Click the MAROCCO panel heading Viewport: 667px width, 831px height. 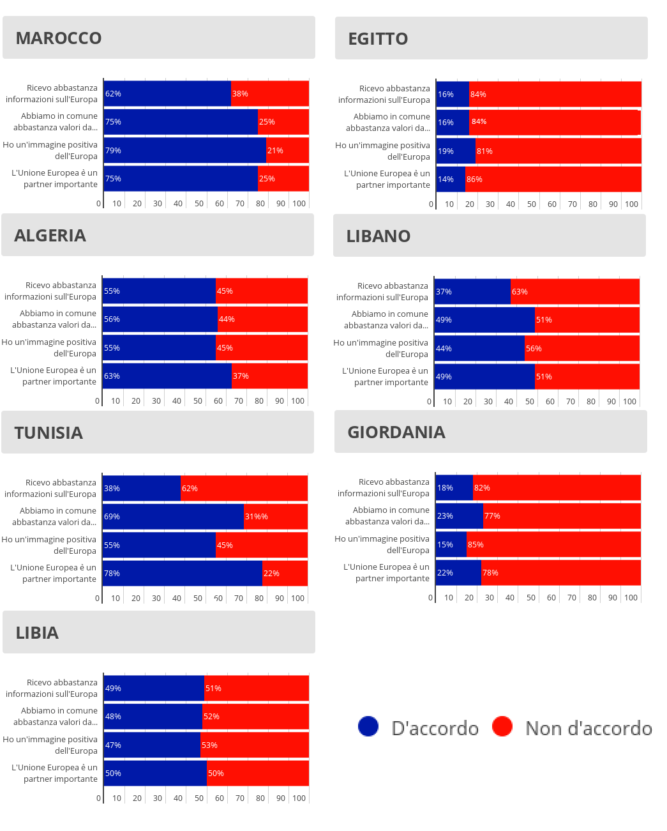tap(59, 38)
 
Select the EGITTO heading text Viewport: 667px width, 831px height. tap(378, 39)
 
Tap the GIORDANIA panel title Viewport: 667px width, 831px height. tap(396, 432)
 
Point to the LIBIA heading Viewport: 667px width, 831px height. tap(37, 633)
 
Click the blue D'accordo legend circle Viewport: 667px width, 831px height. tap(368, 726)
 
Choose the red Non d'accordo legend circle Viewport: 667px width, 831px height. tap(502, 726)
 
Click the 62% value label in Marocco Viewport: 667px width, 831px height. tap(113, 94)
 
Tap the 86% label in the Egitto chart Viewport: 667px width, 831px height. tap(474, 179)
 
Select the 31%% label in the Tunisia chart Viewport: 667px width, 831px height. tap(257, 517)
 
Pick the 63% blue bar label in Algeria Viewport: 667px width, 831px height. tap(112, 376)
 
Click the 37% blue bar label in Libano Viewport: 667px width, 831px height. tap(444, 292)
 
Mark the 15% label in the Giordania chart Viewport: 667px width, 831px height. tap(445, 545)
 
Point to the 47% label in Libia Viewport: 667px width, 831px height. tap(113, 745)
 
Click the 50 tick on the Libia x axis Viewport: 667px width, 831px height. tap(199, 798)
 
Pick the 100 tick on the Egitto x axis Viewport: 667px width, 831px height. tap(631, 204)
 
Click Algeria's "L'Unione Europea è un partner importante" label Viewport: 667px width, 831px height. tap(54, 376)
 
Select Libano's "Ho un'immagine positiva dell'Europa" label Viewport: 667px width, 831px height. tap(381, 349)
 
